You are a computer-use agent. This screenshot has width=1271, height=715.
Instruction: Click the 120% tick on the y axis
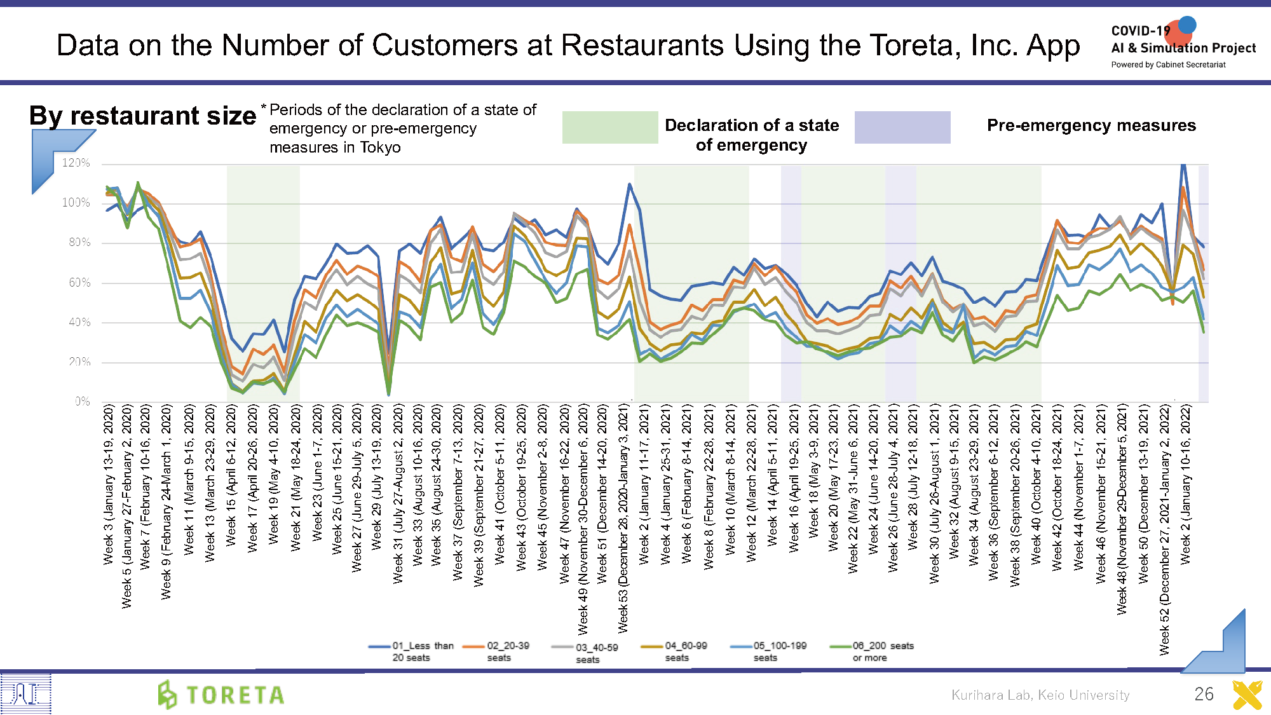click(x=76, y=163)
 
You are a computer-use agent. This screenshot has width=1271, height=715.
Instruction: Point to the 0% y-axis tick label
click(x=83, y=402)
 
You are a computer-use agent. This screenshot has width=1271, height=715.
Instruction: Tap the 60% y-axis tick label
click(x=79, y=283)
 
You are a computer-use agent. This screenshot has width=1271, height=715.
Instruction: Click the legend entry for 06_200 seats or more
click(x=872, y=651)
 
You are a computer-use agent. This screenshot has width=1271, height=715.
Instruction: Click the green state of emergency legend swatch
click(x=610, y=127)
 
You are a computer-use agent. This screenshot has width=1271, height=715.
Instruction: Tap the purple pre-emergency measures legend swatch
click(x=902, y=127)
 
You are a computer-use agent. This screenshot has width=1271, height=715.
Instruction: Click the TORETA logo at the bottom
click(x=222, y=695)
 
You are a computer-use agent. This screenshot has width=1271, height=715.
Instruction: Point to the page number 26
click(x=1204, y=694)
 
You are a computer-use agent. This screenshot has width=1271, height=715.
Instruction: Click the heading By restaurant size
click(x=143, y=116)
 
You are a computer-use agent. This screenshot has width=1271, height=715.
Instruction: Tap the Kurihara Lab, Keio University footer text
click(x=1040, y=695)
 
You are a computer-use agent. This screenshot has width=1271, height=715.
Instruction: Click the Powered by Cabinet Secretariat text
click(x=1168, y=65)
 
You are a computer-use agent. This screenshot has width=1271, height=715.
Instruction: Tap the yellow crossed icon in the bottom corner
click(x=1247, y=695)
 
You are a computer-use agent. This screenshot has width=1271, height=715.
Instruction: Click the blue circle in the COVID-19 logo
click(x=1187, y=25)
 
